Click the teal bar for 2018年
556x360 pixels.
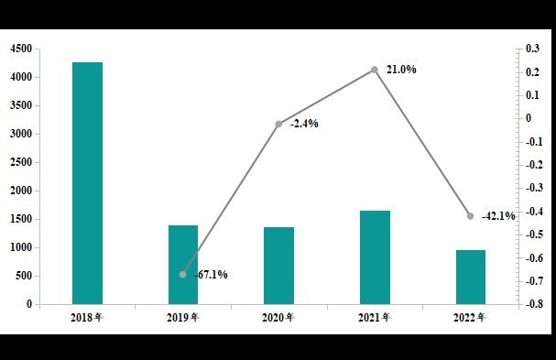click(x=87, y=183)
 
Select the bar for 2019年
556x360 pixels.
click(x=183, y=265)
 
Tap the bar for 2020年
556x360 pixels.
click(x=278, y=266)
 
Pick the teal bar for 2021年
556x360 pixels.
click(x=375, y=257)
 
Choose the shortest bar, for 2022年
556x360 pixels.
click(x=471, y=277)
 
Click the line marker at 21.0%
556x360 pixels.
click(x=375, y=70)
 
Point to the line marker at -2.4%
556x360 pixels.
click(x=278, y=124)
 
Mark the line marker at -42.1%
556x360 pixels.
click(x=471, y=216)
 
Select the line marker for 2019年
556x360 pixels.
click(x=183, y=274)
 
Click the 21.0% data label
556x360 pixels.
click(x=401, y=70)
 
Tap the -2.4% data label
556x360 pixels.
click(x=304, y=124)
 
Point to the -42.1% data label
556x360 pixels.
click(x=498, y=216)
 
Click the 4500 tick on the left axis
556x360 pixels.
click(x=19, y=49)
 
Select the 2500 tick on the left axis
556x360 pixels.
click(x=19, y=162)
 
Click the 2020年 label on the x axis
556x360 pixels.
click(x=278, y=318)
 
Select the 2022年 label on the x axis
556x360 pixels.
click(x=471, y=318)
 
